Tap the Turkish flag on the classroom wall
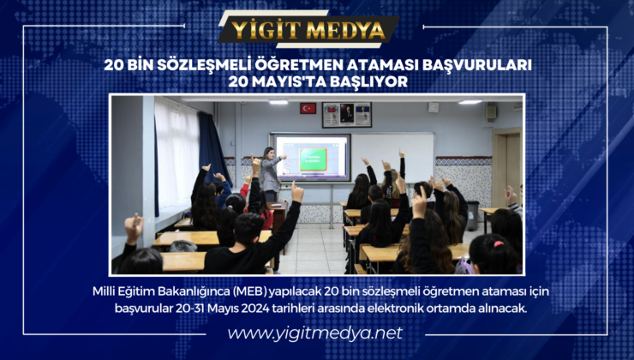pyautogui.click(x=308, y=108)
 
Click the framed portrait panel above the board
pyautogui.click(x=346, y=115)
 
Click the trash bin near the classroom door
pyautogui.click(x=472, y=215)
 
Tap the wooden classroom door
pyautogui.click(x=505, y=171)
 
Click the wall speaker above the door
pyautogui.click(x=491, y=111)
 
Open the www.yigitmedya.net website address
pyautogui.click(x=315, y=332)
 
